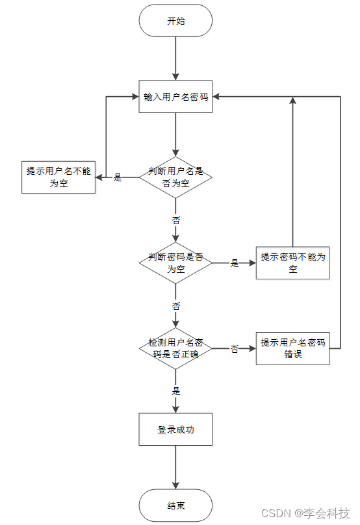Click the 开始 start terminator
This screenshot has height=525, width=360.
click(x=175, y=21)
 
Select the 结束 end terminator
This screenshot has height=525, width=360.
click(x=175, y=506)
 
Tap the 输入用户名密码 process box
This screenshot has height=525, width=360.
click(x=175, y=97)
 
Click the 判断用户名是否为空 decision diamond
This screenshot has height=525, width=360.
click(x=175, y=177)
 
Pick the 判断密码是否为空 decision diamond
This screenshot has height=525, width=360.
click(x=175, y=262)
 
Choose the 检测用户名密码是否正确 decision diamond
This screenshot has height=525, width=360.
click(x=175, y=348)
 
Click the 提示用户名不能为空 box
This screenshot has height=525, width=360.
click(x=58, y=177)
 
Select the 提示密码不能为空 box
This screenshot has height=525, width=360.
click(x=292, y=262)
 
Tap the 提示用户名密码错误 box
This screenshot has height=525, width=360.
click(x=292, y=348)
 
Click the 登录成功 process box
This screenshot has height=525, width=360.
click(x=175, y=429)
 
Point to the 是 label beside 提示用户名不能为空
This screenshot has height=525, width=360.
click(x=118, y=177)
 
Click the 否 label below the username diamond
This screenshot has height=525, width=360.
click(x=175, y=220)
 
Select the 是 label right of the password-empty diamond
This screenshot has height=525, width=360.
click(x=235, y=263)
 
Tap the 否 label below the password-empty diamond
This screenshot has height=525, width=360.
click(x=175, y=305)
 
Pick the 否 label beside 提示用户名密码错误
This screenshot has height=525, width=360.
click(x=235, y=349)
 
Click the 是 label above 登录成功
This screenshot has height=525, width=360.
click(x=175, y=391)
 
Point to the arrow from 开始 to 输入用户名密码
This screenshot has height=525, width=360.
click(x=175, y=58)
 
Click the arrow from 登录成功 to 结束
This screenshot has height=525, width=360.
click(x=175, y=468)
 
